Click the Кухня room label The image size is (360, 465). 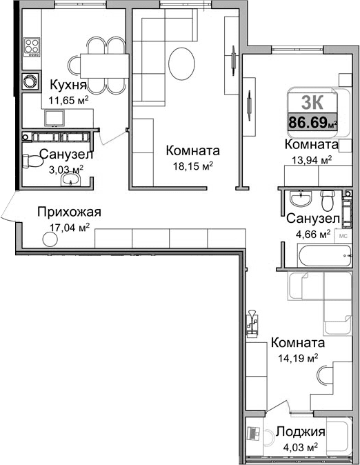click(x=68, y=85)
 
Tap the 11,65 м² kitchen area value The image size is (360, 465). click(x=68, y=99)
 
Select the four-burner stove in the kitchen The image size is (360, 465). click(x=31, y=47)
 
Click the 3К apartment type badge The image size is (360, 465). click(x=314, y=102)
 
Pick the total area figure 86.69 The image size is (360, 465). click(x=311, y=123)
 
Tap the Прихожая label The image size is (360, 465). click(x=69, y=212)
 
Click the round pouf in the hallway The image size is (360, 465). click(x=50, y=239)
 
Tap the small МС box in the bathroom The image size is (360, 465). click(x=343, y=233)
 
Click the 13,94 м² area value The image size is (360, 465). click(x=311, y=159)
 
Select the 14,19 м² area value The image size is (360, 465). click(x=297, y=358)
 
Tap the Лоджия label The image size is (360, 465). click(x=301, y=432)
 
